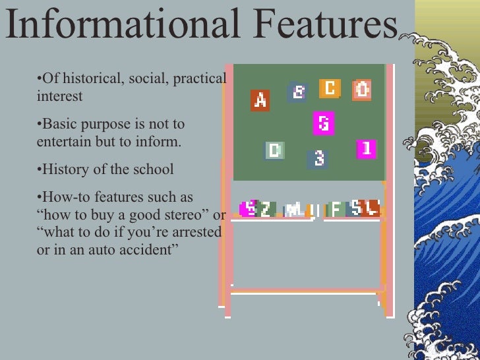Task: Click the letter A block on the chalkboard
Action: click(260, 100)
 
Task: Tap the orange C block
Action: click(330, 88)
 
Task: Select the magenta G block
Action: click(323, 123)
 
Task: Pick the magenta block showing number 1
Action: click(367, 149)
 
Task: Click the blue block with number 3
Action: click(318, 159)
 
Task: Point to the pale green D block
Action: click(274, 150)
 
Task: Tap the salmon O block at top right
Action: click(362, 89)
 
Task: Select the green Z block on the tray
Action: click(265, 209)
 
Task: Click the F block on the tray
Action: click(336, 209)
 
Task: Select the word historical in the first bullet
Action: click(85, 79)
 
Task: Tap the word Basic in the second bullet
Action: click(58, 124)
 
